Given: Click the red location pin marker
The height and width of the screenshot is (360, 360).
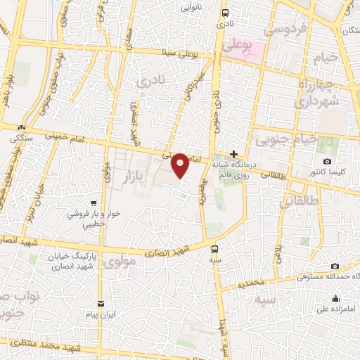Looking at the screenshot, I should click(x=181, y=165).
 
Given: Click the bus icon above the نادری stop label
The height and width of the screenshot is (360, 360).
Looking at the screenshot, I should click(x=225, y=13).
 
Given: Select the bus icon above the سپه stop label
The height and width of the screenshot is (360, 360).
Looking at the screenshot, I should click(x=214, y=248).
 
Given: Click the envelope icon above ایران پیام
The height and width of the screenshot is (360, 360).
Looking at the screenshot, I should click(x=101, y=302).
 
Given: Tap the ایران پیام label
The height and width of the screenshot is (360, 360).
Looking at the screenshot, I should click(x=101, y=314).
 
